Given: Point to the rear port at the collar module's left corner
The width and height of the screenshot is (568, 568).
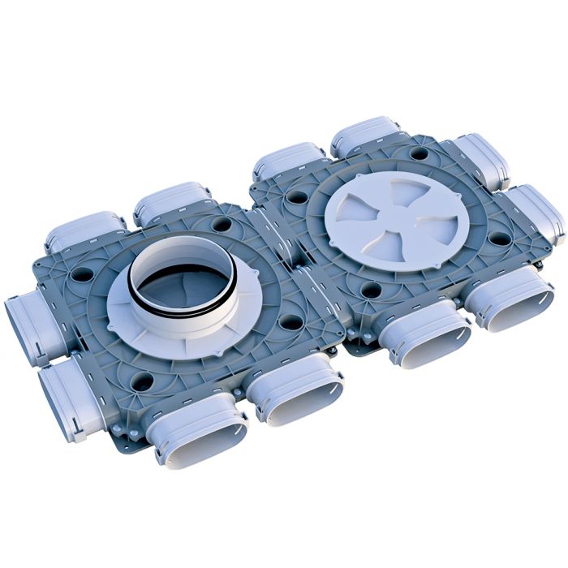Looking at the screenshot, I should pos(85,230).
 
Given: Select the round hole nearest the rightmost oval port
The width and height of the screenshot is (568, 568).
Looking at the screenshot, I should pos(500,239).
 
